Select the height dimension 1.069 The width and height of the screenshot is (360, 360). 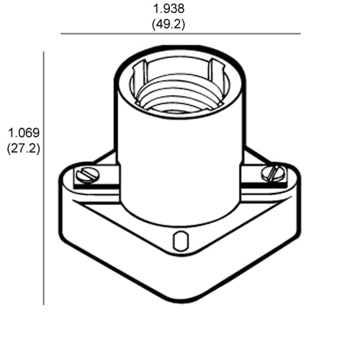[23, 133]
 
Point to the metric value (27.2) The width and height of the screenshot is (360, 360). [23, 148]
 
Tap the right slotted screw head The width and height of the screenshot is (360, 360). [274, 173]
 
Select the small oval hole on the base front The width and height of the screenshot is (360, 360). [179, 240]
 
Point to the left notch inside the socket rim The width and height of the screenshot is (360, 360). [141, 76]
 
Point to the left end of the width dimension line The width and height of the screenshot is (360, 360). [61, 34]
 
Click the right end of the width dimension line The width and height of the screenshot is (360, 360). [300, 34]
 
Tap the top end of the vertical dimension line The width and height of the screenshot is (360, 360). [44, 52]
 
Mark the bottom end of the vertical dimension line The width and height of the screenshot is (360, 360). [44, 305]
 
